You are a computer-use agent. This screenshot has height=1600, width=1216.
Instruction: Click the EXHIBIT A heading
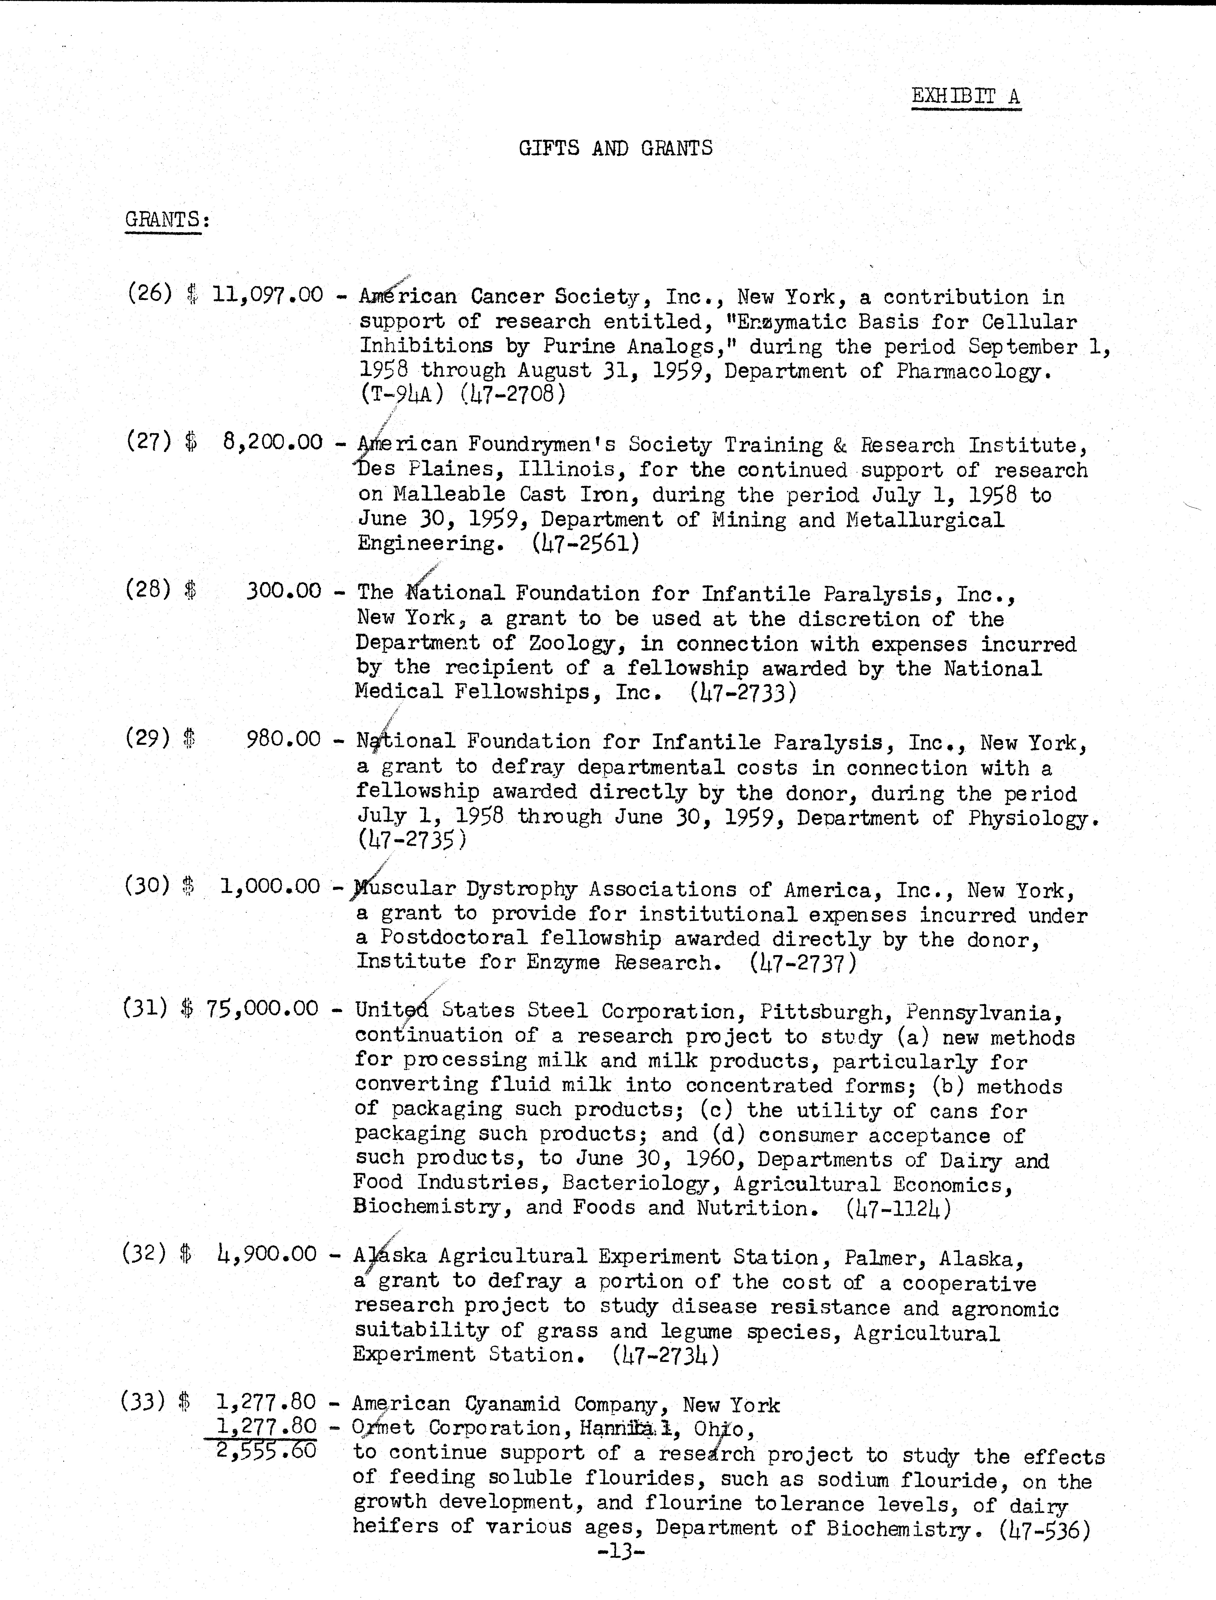pos(966,96)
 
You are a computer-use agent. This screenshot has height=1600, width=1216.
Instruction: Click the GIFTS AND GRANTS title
pos(615,148)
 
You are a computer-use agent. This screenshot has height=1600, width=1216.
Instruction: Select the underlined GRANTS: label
pos(164,219)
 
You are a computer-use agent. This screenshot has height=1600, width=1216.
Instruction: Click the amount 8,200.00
pos(272,442)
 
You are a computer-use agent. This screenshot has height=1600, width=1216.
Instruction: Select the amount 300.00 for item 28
pos(283,591)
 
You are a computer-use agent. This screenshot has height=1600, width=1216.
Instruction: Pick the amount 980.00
pos(283,739)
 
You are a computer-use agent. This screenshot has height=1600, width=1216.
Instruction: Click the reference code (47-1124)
pos(898,1208)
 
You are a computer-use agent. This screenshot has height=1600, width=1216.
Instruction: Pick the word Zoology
pos(572,644)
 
